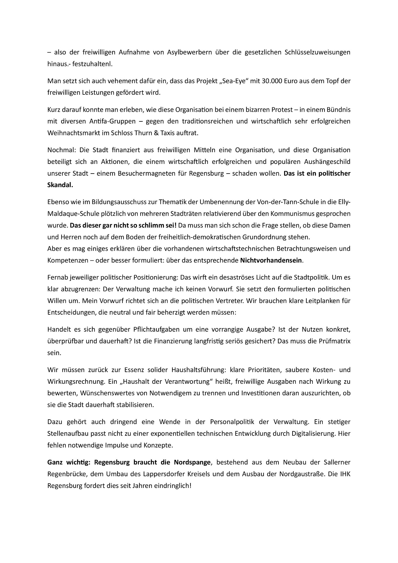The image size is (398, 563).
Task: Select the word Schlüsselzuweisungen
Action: (317, 52)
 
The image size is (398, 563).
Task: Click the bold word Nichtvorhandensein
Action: (271, 260)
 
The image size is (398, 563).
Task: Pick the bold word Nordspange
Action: (192, 462)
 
